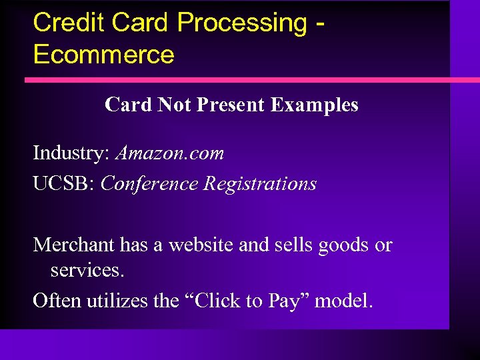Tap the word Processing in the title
(241, 22)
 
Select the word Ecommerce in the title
(103, 55)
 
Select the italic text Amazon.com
(170, 153)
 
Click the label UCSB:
(63, 183)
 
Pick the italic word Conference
(149, 183)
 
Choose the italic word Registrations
(260, 183)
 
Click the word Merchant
(74, 245)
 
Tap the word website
(201, 245)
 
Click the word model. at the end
(344, 301)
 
